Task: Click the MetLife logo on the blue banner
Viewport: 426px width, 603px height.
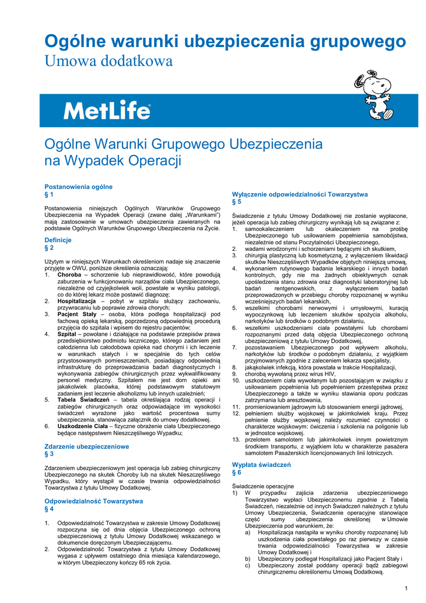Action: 107,111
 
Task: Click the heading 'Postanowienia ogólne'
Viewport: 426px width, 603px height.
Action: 78,187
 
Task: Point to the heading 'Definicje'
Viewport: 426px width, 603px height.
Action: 58,240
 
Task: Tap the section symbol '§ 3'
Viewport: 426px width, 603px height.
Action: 49,454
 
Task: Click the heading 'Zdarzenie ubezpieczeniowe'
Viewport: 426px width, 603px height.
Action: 86,446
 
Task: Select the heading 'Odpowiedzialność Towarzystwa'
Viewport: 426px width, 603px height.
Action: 94,501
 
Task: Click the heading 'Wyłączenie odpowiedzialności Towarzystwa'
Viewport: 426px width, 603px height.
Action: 299,194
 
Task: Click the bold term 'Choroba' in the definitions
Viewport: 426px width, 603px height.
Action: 69,274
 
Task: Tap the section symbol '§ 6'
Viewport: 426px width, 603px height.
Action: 237,472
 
